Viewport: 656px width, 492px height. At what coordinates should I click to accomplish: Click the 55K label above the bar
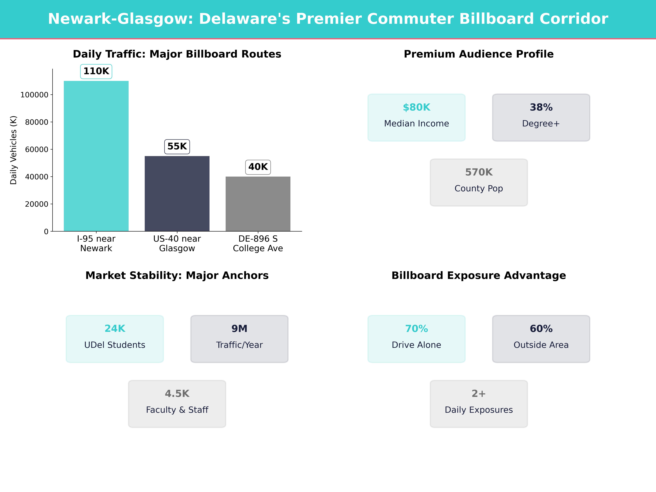(x=177, y=147)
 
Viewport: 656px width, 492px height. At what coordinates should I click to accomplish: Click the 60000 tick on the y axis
(x=36, y=150)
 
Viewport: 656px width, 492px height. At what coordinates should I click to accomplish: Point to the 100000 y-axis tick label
(x=34, y=95)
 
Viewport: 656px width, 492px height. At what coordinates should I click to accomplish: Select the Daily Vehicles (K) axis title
(x=13, y=150)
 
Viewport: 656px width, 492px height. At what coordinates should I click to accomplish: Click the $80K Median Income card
(x=416, y=117)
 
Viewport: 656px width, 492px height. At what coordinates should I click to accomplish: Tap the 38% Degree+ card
(x=541, y=117)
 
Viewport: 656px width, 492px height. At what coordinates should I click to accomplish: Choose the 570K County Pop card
(x=479, y=182)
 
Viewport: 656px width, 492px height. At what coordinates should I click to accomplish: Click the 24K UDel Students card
(x=115, y=339)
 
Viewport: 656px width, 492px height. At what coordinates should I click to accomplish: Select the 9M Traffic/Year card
(x=239, y=339)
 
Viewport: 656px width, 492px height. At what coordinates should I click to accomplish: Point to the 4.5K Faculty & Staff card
(x=177, y=404)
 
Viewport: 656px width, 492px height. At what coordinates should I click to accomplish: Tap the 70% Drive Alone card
(x=416, y=339)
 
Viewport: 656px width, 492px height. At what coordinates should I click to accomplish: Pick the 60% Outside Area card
(x=541, y=339)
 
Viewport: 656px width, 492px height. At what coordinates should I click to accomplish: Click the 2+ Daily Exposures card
(x=479, y=404)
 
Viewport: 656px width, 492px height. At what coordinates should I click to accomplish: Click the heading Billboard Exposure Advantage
(x=479, y=276)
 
